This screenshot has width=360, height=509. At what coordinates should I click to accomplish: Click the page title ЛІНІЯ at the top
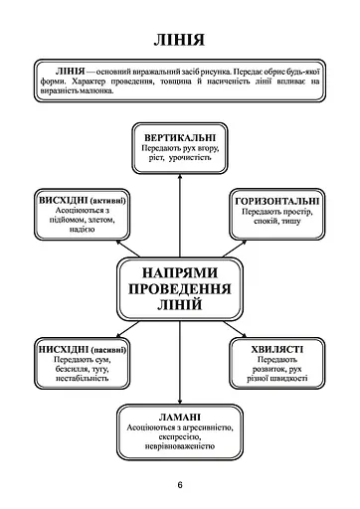pyautogui.click(x=180, y=41)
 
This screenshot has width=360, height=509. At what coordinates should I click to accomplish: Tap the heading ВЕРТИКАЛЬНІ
pyautogui.click(x=180, y=135)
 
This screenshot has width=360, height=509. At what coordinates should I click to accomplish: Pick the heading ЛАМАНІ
pyautogui.click(x=179, y=416)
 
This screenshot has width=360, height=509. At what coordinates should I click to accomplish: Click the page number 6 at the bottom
pyautogui.click(x=180, y=485)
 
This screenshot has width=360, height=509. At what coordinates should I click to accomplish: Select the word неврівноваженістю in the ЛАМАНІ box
pyautogui.click(x=179, y=443)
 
